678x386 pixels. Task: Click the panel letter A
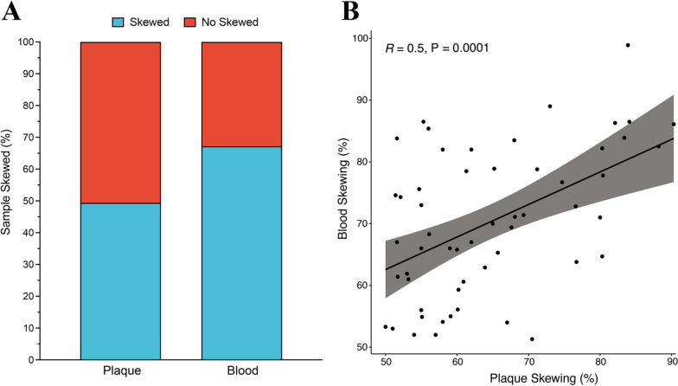click(10, 10)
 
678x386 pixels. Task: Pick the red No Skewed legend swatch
click(201, 20)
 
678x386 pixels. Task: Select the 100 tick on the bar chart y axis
click(29, 42)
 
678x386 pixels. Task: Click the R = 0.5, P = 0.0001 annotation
click(438, 48)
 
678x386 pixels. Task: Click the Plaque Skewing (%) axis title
click(528, 377)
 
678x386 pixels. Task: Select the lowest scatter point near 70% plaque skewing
click(532, 339)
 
